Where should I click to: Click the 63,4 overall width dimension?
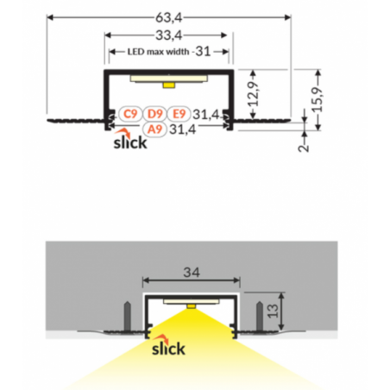click(169, 18)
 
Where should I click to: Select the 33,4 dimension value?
click(169, 35)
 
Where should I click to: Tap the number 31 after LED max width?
click(203, 51)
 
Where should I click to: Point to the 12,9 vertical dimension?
click(253, 94)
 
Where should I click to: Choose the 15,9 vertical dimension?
click(318, 99)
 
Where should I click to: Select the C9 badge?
click(130, 114)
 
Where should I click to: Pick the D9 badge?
click(154, 114)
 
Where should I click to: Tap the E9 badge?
click(179, 114)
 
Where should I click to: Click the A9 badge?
click(154, 129)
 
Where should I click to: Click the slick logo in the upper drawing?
click(130, 139)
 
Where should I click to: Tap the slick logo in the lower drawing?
click(168, 345)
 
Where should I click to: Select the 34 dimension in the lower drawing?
click(192, 272)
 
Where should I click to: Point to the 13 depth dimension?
click(273, 311)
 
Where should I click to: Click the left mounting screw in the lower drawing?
click(127, 316)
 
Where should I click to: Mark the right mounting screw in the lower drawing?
click(260, 316)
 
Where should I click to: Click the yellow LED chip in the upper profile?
click(168, 85)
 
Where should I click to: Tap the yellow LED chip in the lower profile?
click(192, 306)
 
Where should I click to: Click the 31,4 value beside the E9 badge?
click(206, 115)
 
